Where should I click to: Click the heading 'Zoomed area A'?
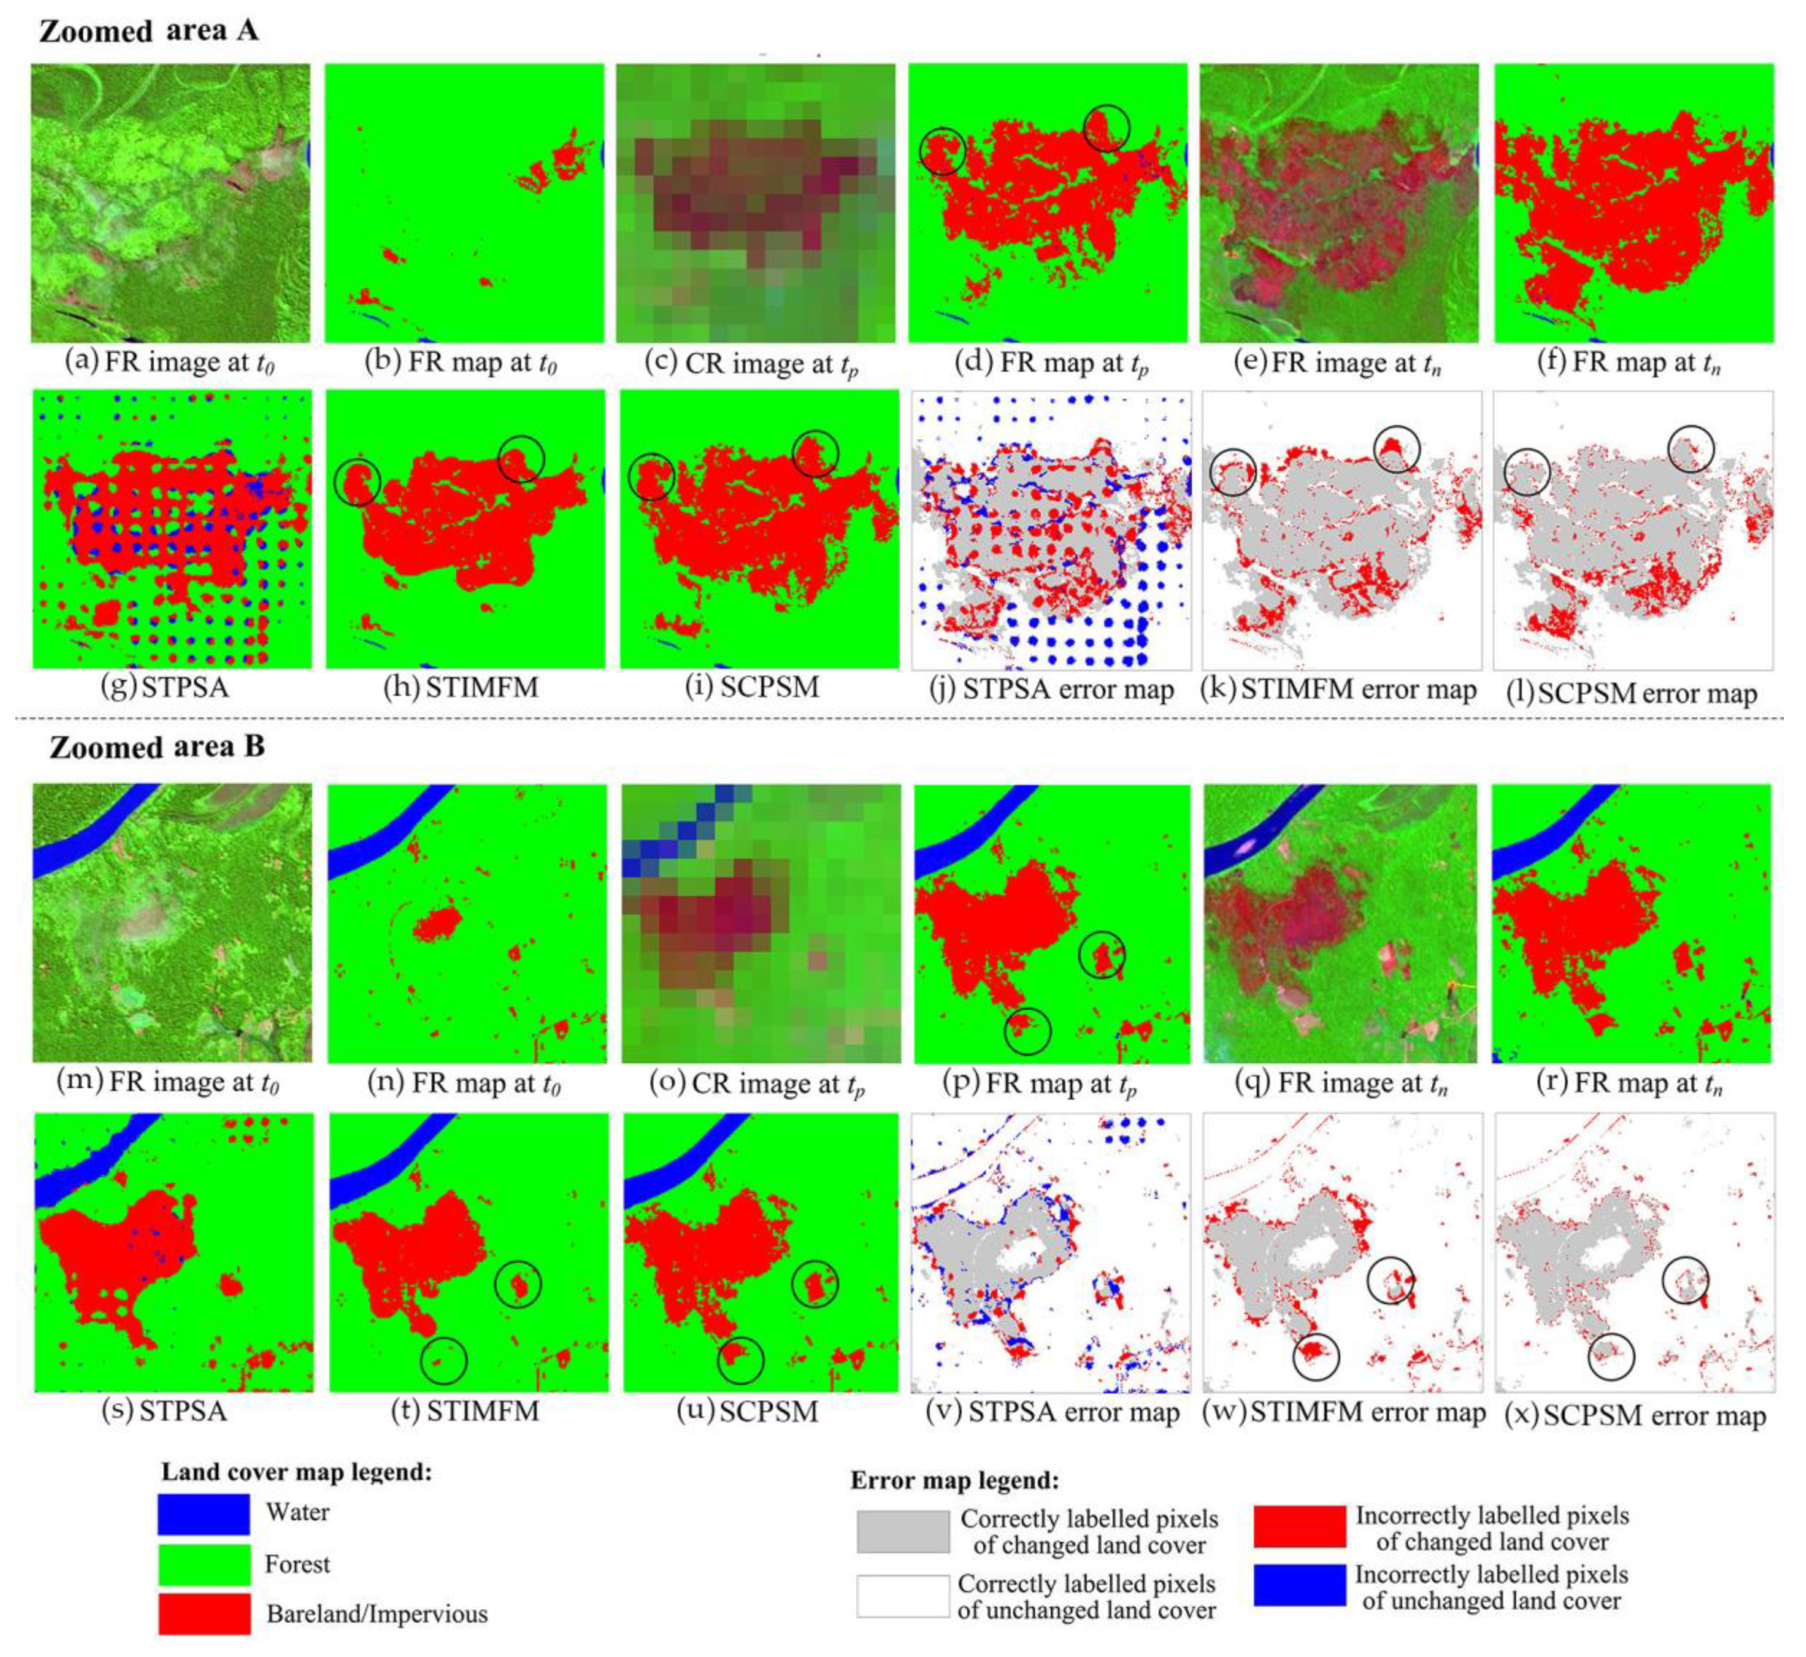click(149, 31)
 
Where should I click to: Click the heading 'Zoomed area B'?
click(157, 747)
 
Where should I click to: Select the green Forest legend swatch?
click(203, 1564)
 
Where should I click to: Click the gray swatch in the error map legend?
click(902, 1532)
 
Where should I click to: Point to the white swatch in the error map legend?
click(902, 1596)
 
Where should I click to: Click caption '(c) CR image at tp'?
click(753, 364)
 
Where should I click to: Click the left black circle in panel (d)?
click(942, 151)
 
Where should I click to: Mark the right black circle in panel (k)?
click(1396, 449)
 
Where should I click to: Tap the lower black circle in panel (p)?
click(1027, 1030)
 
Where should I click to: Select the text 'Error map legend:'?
click(954, 1480)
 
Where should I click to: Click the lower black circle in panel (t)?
click(444, 1360)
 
